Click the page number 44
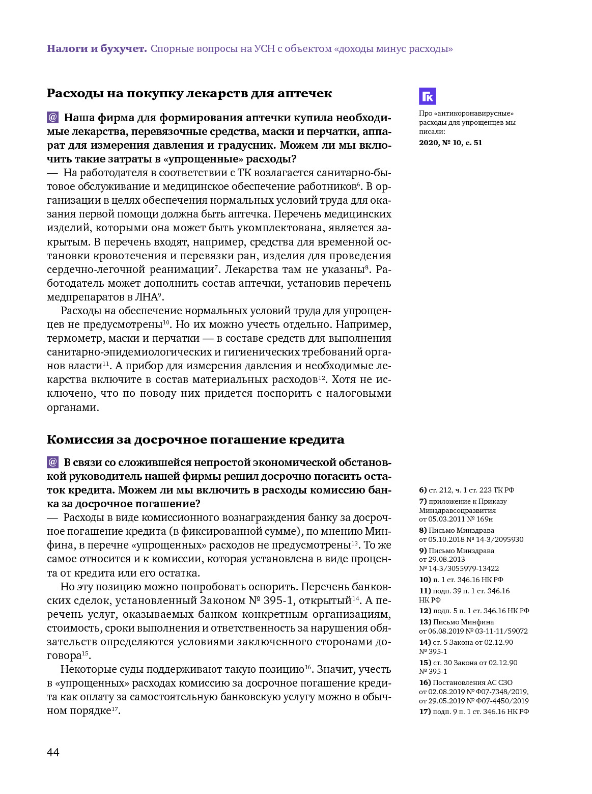tap(53, 752)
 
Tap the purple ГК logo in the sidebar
tap(427, 96)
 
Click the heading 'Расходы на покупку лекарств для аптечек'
tap(189, 93)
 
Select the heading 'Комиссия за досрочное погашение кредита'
tap(195, 440)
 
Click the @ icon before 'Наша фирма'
tap(53, 118)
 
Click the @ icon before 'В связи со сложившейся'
tap(53, 462)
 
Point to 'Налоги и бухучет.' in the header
tap(97, 49)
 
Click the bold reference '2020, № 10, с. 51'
tap(450, 143)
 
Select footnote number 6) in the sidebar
tap(422, 490)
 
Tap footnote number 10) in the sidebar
tap(425, 580)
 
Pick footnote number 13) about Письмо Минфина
tap(425, 622)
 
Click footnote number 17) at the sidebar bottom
tap(425, 711)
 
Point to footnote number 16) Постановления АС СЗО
tap(425, 682)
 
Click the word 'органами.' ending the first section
tap(73, 407)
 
